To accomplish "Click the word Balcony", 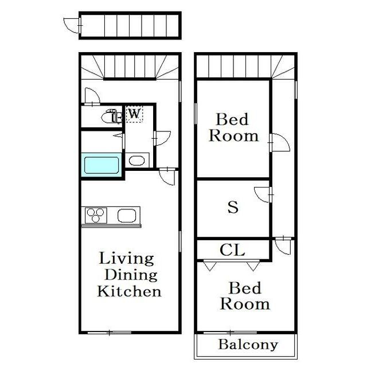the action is [x=248, y=345].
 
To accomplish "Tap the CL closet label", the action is [x=232, y=250].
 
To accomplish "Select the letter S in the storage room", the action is [x=233, y=207].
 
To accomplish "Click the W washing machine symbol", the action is [x=134, y=114].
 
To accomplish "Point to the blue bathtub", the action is [x=101, y=165].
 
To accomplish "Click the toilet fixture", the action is [x=112, y=116].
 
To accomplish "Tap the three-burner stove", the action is [x=96, y=215].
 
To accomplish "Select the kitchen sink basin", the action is [x=127, y=216].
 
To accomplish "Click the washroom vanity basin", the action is [x=137, y=161].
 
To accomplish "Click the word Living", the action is [x=126, y=259].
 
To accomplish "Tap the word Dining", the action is [x=131, y=275].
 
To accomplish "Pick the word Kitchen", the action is [x=129, y=291].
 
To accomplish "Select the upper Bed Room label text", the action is [x=233, y=127].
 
